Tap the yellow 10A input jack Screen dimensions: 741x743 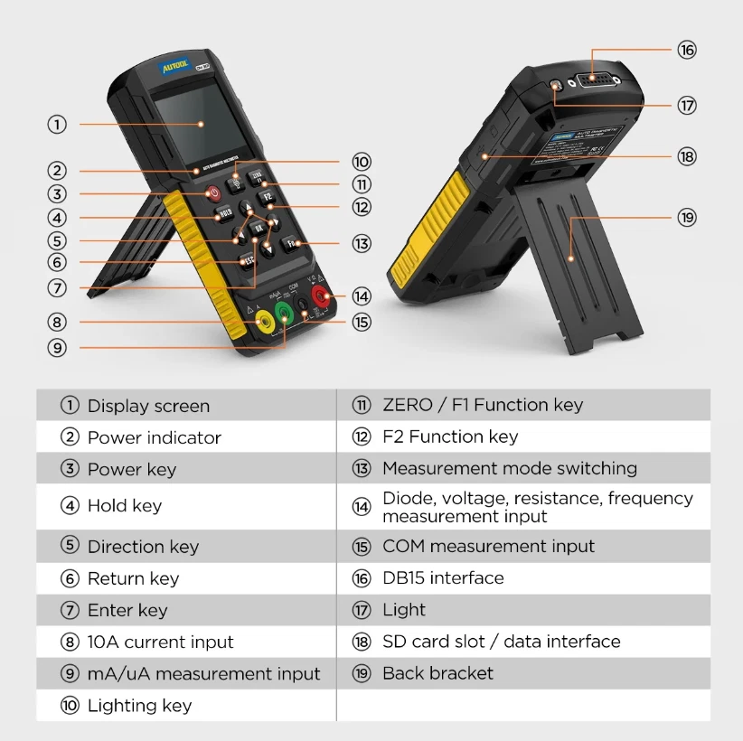coord(262,322)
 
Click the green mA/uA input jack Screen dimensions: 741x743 coord(285,314)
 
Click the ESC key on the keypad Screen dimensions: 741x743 coord(247,261)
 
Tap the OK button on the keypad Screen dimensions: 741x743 coord(259,229)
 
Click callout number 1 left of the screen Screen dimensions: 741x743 coord(58,124)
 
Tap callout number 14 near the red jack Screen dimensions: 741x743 coord(362,296)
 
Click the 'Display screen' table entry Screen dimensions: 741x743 coord(148,406)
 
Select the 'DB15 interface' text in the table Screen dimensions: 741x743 coord(443,578)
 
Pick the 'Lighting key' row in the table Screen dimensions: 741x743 coord(139,706)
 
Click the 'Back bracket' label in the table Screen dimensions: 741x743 coord(437,673)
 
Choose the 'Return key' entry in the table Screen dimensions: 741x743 coord(133,578)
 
